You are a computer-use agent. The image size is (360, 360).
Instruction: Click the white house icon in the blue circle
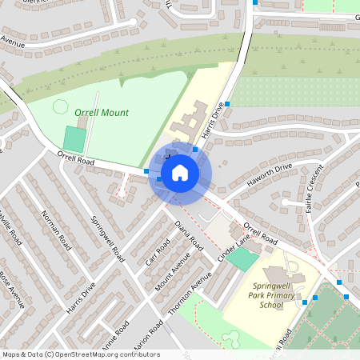(x=180, y=172)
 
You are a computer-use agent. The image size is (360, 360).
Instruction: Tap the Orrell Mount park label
(x=102, y=113)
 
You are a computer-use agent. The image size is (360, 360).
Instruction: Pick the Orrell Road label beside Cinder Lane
(x=259, y=233)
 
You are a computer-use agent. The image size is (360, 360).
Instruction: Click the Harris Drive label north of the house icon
(x=211, y=121)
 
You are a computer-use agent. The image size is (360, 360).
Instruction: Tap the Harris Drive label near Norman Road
(x=82, y=297)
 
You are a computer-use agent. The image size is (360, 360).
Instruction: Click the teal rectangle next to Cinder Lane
(x=242, y=259)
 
